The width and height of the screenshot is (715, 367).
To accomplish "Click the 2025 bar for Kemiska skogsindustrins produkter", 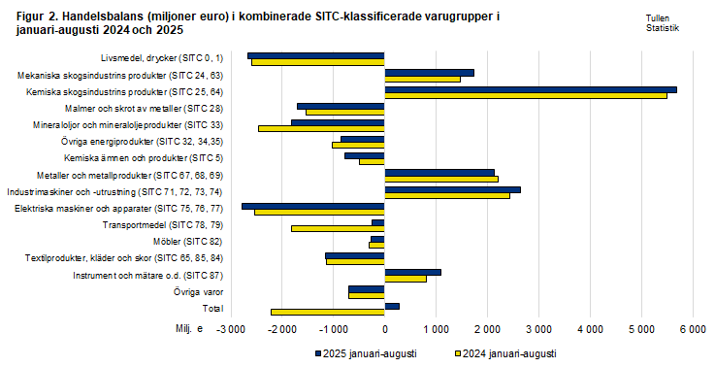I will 530,89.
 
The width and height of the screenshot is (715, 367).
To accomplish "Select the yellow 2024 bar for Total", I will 327,312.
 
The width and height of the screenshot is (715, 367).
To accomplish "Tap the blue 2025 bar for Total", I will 392,306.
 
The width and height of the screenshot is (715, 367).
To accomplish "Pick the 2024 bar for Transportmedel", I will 338,228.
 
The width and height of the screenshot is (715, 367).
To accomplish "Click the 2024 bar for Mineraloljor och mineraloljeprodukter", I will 321,128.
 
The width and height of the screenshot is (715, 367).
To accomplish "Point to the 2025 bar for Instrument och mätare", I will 412,272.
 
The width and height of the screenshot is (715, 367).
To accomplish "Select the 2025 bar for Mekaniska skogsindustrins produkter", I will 429,73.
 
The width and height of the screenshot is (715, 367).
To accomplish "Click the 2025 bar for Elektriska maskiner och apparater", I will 312,206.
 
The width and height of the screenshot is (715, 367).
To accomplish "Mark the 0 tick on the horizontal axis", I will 385,331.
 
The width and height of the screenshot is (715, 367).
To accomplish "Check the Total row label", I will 211,308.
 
